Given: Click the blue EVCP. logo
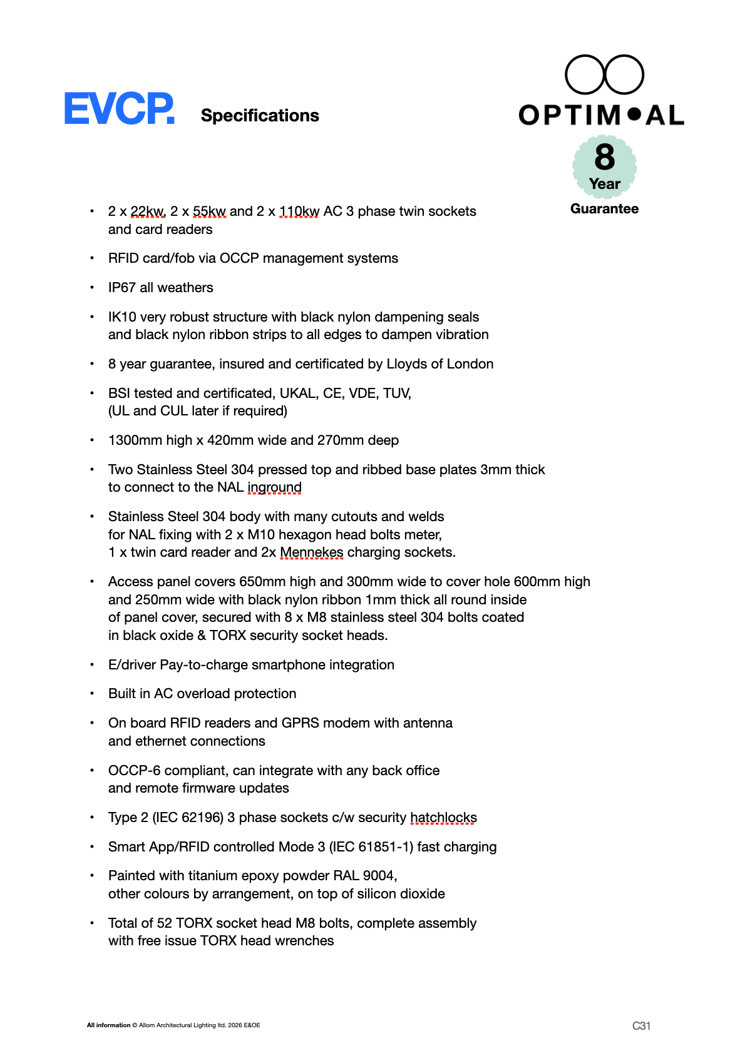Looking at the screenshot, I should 119,109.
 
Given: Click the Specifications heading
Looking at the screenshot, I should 260,116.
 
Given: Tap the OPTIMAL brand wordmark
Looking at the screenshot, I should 601,115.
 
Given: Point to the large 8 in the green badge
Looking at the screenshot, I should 605,157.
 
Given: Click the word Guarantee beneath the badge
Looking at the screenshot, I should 604,209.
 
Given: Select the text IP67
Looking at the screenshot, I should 121,288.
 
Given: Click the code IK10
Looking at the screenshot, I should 122,317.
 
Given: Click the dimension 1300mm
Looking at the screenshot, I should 135,440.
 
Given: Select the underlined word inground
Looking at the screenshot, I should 274,487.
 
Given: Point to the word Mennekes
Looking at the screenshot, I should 311,552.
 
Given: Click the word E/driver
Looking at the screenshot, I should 132,665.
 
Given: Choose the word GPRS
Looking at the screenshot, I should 301,723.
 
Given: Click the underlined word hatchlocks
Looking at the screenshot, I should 443,818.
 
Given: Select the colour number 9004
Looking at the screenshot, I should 378,876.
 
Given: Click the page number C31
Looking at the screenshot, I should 641,1026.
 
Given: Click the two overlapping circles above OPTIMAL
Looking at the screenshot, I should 604,75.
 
